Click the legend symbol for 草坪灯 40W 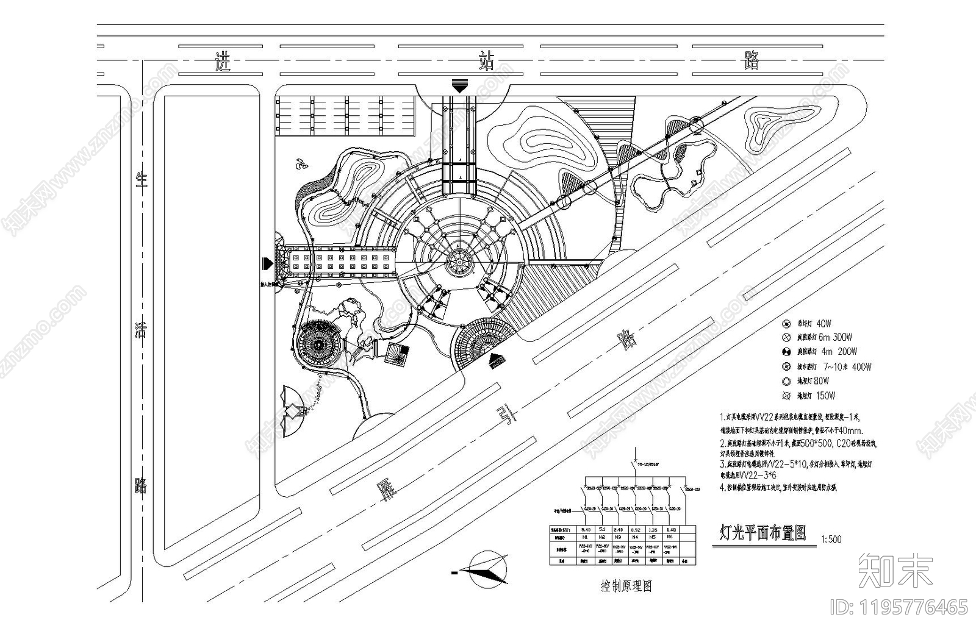click(x=786, y=324)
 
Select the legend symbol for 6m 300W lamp click(x=786, y=337)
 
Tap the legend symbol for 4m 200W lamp click(x=786, y=352)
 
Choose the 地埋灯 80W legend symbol click(x=786, y=382)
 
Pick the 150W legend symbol click(x=786, y=396)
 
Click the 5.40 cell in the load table click(x=586, y=529)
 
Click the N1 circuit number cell click(x=586, y=537)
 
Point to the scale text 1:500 click(x=831, y=539)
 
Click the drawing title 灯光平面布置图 click(x=762, y=533)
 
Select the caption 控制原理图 click(x=626, y=586)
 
